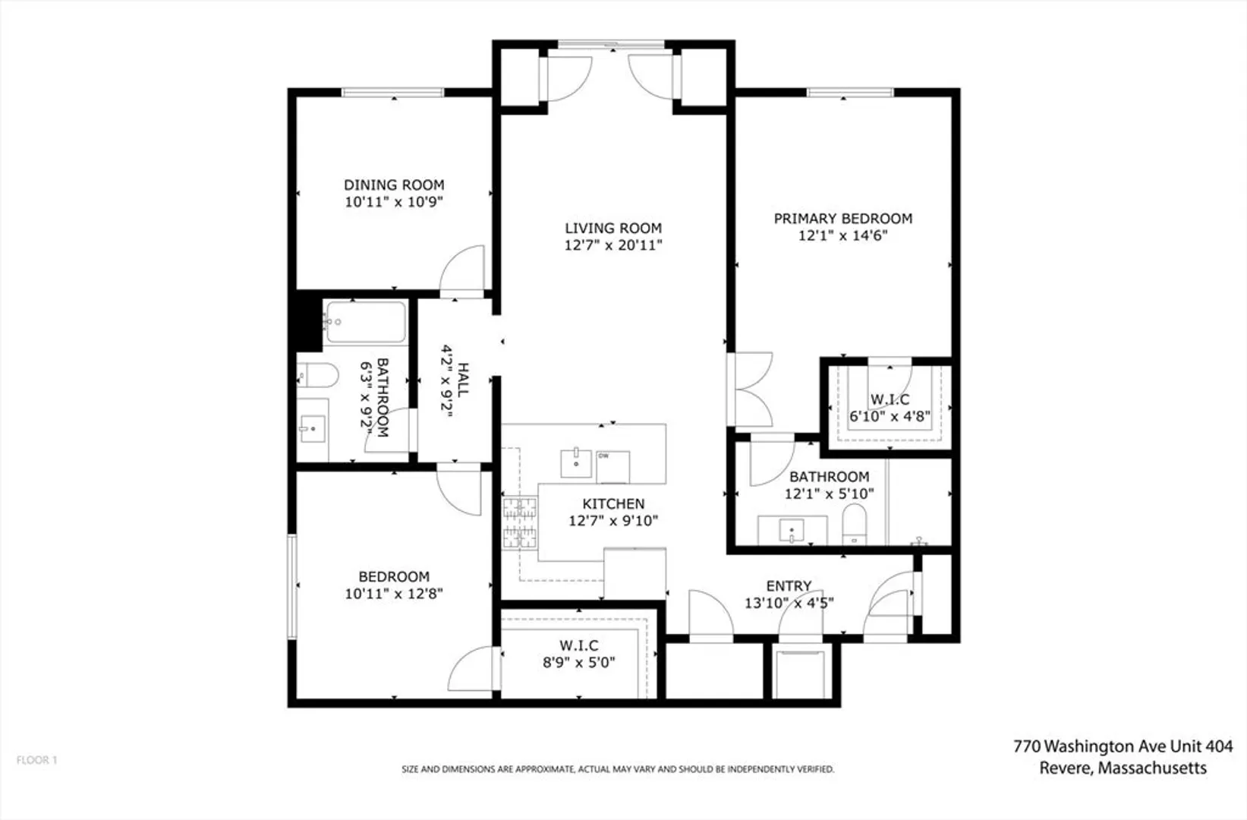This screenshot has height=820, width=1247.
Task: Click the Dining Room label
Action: pyautogui.click(x=394, y=184)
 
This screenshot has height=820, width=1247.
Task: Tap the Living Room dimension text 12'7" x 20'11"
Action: pyautogui.click(x=613, y=245)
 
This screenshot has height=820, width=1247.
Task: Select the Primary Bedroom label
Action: pyautogui.click(x=842, y=219)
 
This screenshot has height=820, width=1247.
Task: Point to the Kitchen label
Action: pyautogui.click(x=613, y=503)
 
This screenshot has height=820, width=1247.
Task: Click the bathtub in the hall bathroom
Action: pyautogui.click(x=366, y=322)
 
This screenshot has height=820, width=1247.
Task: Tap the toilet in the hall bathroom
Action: pyautogui.click(x=318, y=375)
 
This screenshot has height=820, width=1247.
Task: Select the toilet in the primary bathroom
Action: pyautogui.click(x=854, y=524)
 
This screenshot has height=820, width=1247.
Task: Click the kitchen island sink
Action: pyautogui.click(x=575, y=462)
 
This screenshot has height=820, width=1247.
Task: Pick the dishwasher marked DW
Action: pyautogui.click(x=612, y=467)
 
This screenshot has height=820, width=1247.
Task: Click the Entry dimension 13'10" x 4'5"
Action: pyautogui.click(x=789, y=603)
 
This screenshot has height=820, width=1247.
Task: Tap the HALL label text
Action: pyautogui.click(x=463, y=380)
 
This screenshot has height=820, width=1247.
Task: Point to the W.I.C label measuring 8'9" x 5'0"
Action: pyautogui.click(x=579, y=645)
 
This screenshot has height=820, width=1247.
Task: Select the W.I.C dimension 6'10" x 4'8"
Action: pyautogui.click(x=890, y=415)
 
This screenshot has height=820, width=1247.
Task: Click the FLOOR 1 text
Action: pyautogui.click(x=36, y=760)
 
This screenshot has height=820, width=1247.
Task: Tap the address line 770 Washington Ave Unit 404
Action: pyautogui.click(x=1123, y=746)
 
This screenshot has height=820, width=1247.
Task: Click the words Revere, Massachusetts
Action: pyautogui.click(x=1123, y=768)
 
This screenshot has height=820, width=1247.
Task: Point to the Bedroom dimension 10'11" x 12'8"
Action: pyautogui.click(x=394, y=594)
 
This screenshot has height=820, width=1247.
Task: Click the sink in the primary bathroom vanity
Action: pyautogui.click(x=792, y=530)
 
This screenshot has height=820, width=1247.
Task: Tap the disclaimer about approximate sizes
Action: pyautogui.click(x=618, y=769)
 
